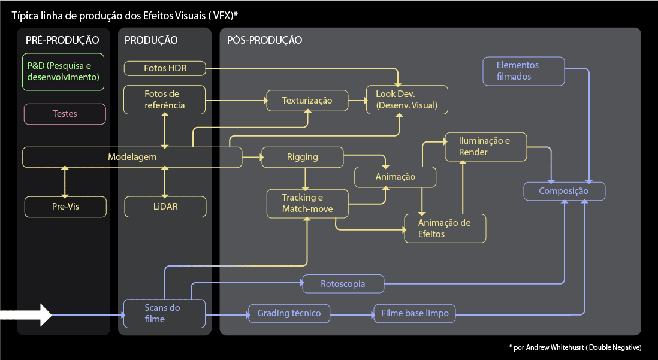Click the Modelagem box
pyautogui.click(x=132, y=157)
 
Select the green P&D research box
pyautogui.click(x=64, y=72)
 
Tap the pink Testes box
pyautogui.click(x=65, y=114)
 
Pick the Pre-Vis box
pyautogui.click(x=65, y=207)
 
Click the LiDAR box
pyautogui.click(x=165, y=207)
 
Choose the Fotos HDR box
pyautogui.click(x=165, y=68)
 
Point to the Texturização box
pyautogui.click(x=307, y=100)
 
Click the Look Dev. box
pyautogui.click(x=407, y=100)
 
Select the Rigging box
pyautogui.click(x=303, y=157)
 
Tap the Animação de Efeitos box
pyautogui.click(x=444, y=228)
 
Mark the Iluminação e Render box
pyautogui.click(x=485, y=147)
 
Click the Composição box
pyautogui.click(x=564, y=191)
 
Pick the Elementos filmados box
pyautogui.click(x=524, y=71)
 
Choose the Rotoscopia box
pyautogui.click(x=343, y=283)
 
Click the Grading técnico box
pyautogui.click(x=289, y=313)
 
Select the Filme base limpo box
pyautogui.click(x=415, y=313)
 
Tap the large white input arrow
pyautogui.click(x=26, y=314)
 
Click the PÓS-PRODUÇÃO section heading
pyautogui.click(x=264, y=41)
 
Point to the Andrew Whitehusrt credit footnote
pyautogui.click(x=575, y=347)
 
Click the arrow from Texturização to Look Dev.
pyautogui.click(x=357, y=100)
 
